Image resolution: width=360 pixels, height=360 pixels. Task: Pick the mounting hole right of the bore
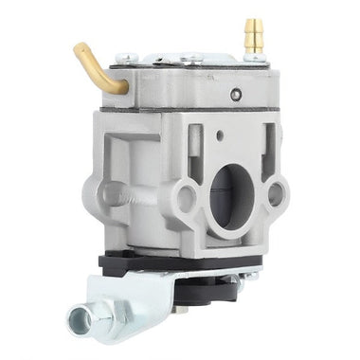[276, 194]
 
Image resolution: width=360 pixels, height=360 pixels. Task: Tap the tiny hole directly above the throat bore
[220, 135]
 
